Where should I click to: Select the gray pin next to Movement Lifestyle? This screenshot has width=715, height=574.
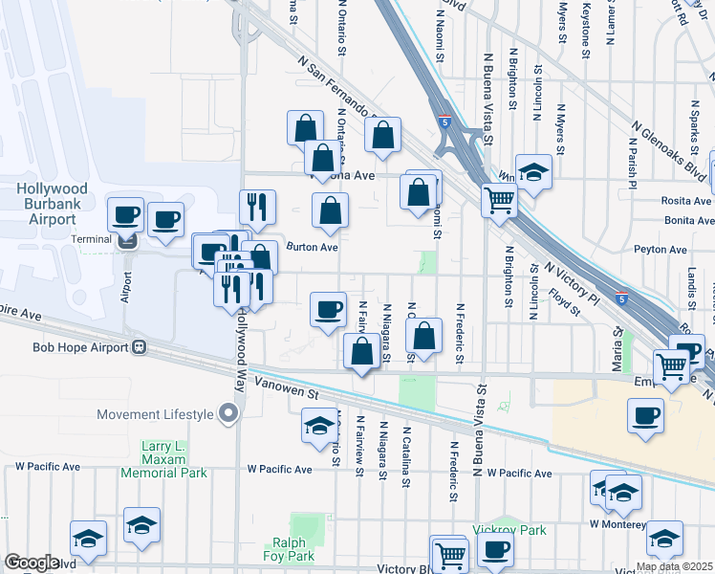pos(227,414)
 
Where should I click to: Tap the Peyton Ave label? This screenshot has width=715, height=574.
pos(661,250)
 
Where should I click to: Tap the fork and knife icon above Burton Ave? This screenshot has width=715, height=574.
pos(257,206)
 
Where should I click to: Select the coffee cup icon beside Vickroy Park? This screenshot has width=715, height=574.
pos(494,549)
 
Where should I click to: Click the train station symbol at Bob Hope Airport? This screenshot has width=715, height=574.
pos(140,346)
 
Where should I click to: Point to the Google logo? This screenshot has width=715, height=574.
pos(32,563)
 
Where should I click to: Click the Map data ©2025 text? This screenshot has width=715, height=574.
pos(674,566)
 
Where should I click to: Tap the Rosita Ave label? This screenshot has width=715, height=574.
pos(686,202)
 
